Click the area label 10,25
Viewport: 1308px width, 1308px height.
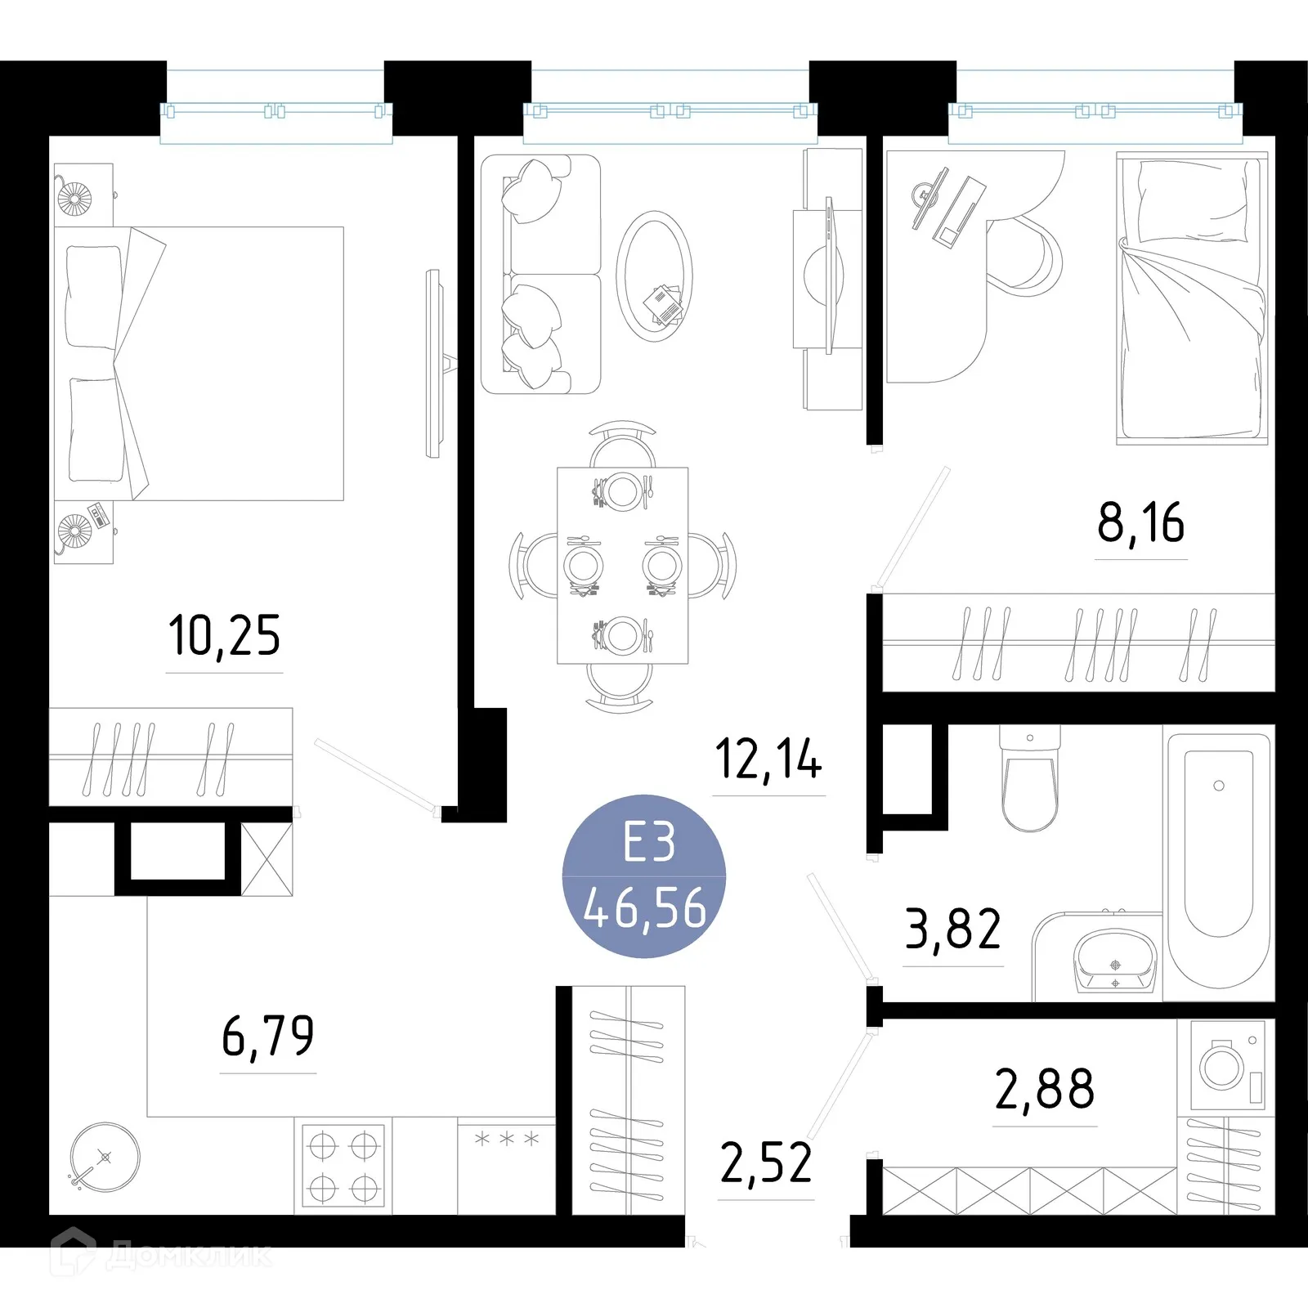pos(224,636)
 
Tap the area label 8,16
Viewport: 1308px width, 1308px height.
pos(1140,523)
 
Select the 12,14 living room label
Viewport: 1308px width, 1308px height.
pos(768,759)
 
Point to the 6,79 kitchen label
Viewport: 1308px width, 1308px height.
pos(267,1036)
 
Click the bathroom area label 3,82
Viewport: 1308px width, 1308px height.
pos(952,929)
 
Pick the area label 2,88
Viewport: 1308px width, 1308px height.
pos(1044,1089)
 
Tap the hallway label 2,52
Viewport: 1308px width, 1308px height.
pos(766,1163)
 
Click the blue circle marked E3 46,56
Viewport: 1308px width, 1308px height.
pos(644,876)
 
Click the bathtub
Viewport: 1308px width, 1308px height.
pos(1218,858)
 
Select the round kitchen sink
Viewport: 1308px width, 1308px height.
pos(105,1157)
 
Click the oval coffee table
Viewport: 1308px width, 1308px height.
pos(654,276)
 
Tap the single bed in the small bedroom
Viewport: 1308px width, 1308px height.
pos(1192,298)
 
